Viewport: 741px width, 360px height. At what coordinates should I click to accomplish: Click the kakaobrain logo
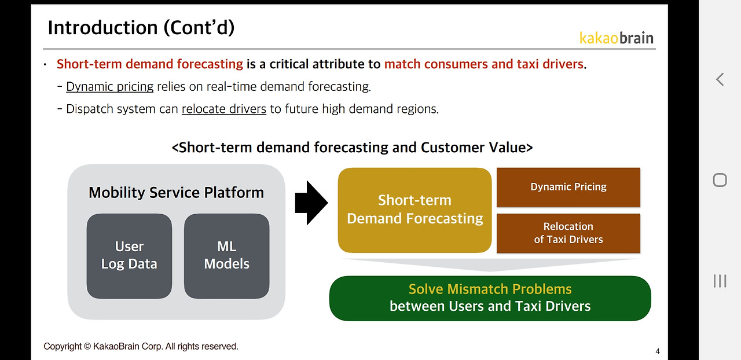(617, 38)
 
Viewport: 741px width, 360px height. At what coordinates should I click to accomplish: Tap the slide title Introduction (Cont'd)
(141, 27)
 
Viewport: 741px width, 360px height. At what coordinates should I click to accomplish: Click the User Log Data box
(129, 255)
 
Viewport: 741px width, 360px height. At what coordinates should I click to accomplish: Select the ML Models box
(226, 255)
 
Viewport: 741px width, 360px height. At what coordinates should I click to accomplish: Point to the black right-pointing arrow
(311, 202)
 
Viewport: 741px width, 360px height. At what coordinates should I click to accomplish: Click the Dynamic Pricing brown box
(568, 187)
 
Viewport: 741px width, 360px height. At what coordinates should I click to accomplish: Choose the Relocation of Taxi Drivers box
(568, 233)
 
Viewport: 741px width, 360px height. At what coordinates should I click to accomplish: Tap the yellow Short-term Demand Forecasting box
(414, 210)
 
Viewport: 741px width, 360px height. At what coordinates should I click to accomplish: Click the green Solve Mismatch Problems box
(490, 297)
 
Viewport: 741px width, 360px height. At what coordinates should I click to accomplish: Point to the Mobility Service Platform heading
(176, 192)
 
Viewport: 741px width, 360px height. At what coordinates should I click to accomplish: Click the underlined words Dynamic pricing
(110, 87)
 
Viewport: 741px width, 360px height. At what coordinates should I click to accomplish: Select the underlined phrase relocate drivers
(223, 109)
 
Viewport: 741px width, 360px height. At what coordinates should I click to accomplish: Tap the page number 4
(658, 351)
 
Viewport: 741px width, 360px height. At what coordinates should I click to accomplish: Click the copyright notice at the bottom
(141, 346)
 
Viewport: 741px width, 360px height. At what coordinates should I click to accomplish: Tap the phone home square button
(720, 180)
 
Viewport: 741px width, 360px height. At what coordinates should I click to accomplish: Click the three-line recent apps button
(720, 281)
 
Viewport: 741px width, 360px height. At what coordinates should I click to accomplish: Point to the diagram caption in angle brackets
(352, 147)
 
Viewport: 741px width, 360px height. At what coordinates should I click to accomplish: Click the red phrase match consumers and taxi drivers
(483, 64)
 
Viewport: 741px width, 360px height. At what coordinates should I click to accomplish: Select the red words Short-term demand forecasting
(150, 64)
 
